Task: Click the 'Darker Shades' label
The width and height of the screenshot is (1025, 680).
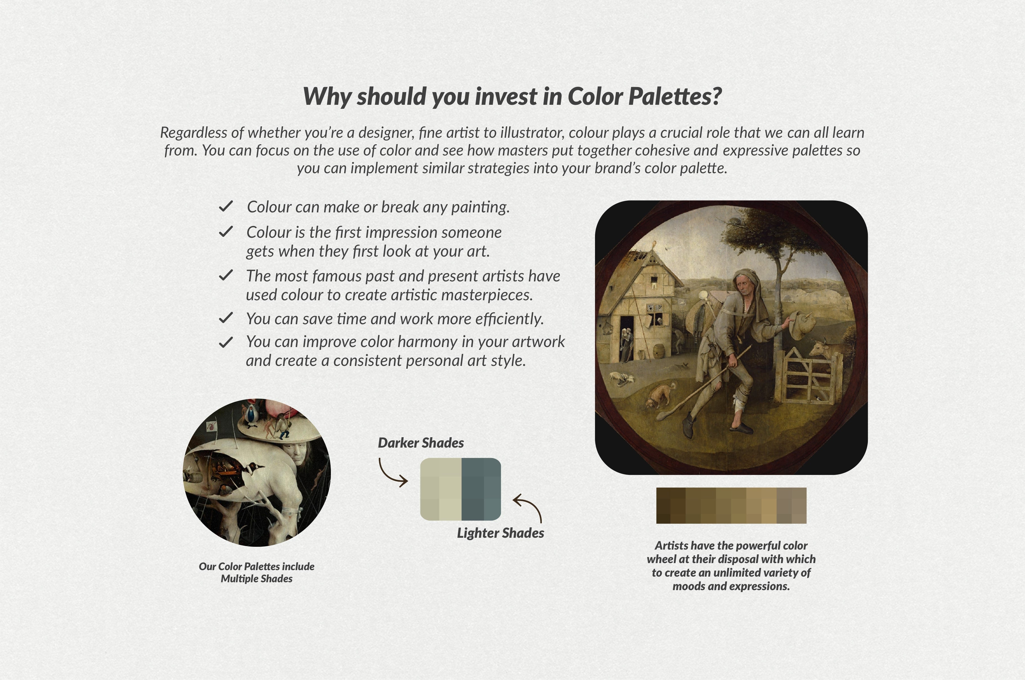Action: [420, 443]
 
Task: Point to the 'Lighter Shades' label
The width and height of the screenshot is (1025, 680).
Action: [500, 533]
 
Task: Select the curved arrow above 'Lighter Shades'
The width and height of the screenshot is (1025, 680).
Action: [529, 507]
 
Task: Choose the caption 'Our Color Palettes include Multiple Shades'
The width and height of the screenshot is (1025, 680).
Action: [257, 572]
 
